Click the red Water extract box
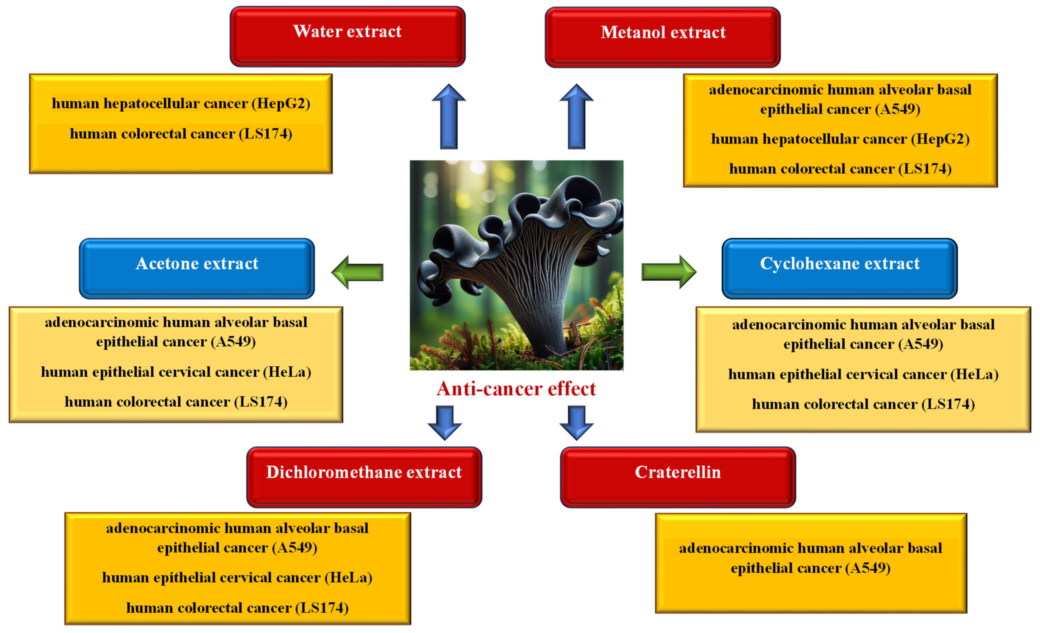(347, 36)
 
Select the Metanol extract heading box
(663, 37)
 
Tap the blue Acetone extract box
(197, 268)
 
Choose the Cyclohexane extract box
(840, 268)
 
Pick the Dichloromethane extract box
(364, 477)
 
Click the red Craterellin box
(678, 477)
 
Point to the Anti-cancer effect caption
(516, 389)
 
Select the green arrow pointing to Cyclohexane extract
(668, 272)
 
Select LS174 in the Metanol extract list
(924, 169)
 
